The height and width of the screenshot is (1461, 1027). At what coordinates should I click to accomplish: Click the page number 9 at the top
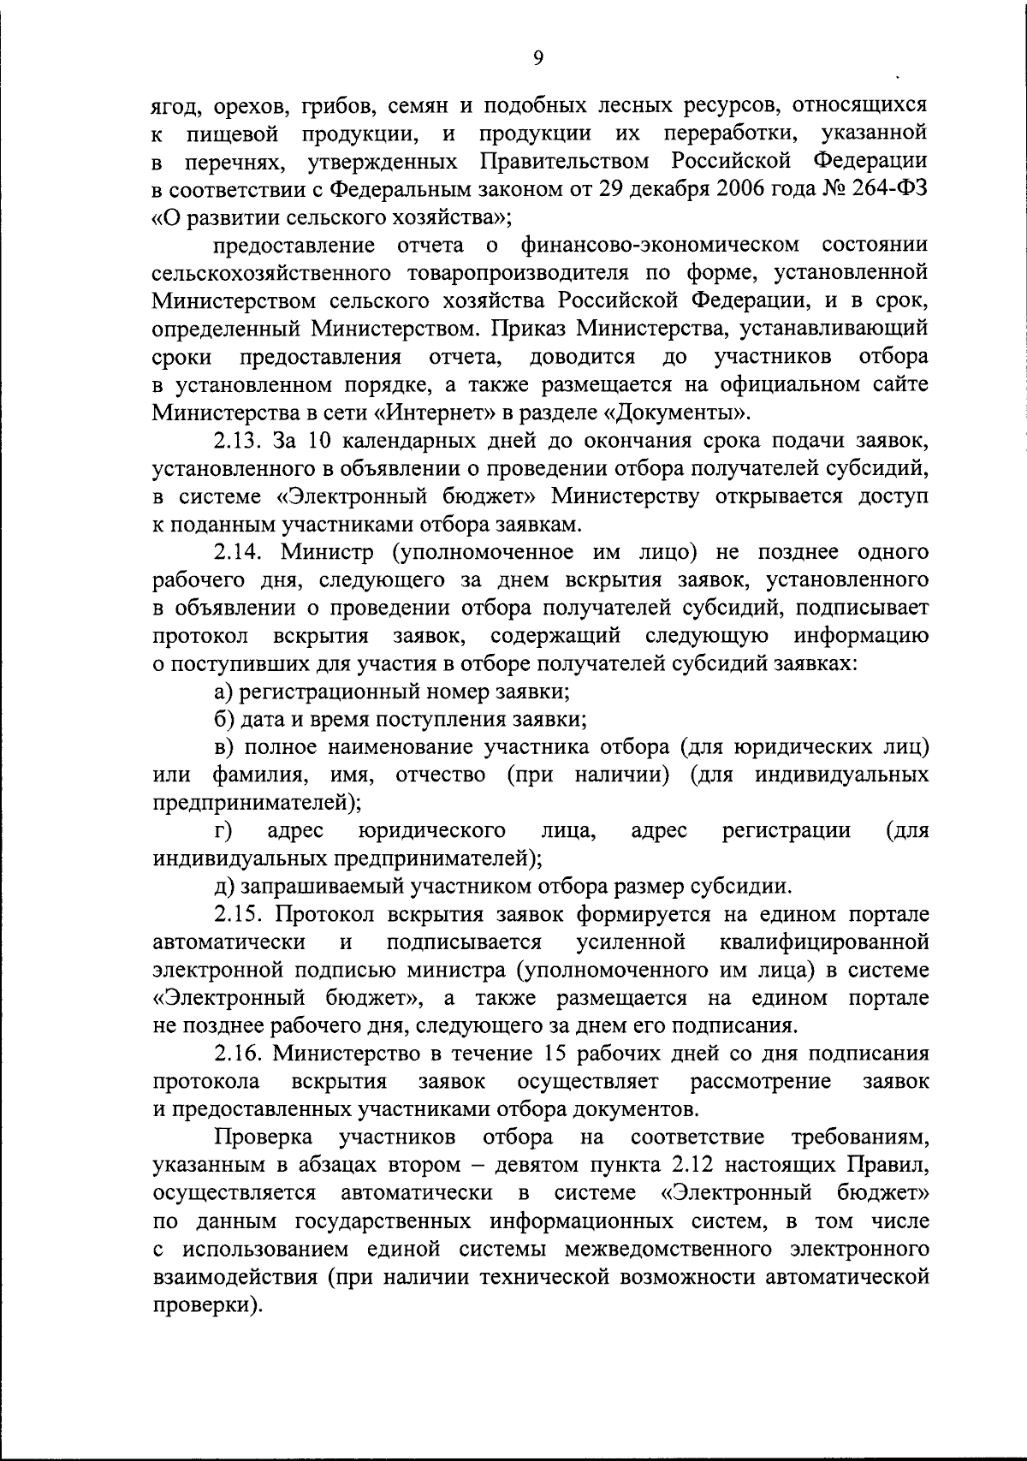[537, 57]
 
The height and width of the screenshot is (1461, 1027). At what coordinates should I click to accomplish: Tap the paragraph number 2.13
[238, 441]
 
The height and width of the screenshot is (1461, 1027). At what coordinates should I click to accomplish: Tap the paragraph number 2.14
[238, 552]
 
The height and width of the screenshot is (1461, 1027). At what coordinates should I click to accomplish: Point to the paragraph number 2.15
[238, 914]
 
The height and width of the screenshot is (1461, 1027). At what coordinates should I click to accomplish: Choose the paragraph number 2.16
[238, 1054]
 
